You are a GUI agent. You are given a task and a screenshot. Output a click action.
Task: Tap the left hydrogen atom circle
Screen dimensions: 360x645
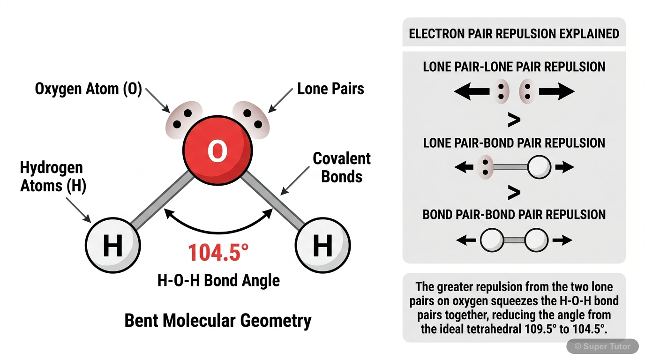(x=113, y=245)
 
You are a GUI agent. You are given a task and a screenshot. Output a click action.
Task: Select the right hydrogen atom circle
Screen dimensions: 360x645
(x=322, y=245)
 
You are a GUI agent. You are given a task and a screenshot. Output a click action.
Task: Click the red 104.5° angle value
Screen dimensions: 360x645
(x=218, y=253)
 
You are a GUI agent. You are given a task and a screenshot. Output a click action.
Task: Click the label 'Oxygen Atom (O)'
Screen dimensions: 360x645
(x=89, y=89)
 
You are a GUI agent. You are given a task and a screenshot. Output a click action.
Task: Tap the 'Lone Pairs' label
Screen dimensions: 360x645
(x=330, y=89)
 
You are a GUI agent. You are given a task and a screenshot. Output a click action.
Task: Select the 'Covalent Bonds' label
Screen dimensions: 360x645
(x=342, y=167)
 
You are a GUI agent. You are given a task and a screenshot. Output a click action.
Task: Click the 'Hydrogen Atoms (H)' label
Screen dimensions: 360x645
(x=53, y=177)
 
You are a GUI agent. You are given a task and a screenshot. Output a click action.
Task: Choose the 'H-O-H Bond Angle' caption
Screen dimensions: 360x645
(x=218, y=281)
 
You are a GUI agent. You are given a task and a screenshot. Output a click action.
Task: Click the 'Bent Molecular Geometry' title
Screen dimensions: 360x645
(x=218, y=321)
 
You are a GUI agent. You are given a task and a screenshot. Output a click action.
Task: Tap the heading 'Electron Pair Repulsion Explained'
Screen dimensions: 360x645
(x=514, y=34)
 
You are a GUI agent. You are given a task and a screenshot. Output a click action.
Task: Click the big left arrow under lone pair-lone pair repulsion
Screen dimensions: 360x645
(x=472, y=91)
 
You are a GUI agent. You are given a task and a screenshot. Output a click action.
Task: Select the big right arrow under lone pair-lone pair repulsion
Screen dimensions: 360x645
(x=556, y=91)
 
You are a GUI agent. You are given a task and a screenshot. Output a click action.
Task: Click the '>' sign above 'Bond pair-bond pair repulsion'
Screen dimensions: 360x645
(x=514, y=192)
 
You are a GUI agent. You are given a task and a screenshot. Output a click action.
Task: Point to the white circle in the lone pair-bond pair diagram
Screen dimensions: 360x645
(x=538, y=167)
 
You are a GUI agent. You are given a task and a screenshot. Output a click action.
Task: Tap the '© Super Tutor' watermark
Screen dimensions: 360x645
(x=603, y=347)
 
